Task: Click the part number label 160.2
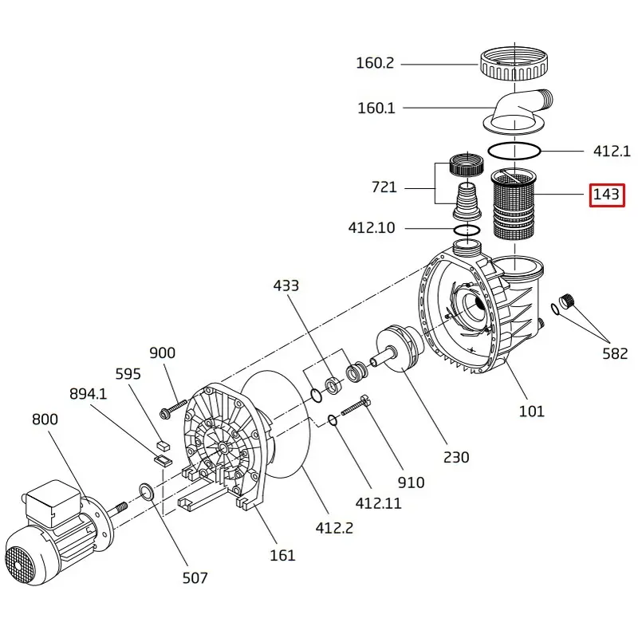pyautogui.click(x=375, y=63)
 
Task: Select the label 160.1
pyautogui.click(x=376, y=108)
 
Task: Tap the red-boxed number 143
pyautogui.click(x=606, y=195)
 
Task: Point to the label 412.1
pyautogui.click(x=612, y=151)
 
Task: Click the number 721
pyautogui.click(x=384, y=187)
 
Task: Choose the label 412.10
pyautogui.click(x=372, y=227)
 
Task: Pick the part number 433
pyautogui.click(x=286, y=286)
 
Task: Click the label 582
pyautogui.click(x=615, y=353)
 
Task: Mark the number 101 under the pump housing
pyautogui.click(x=531, y=411)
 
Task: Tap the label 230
pyautogui.click(x=456, y=457)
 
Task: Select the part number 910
pyautogui.click(x=412, y=482)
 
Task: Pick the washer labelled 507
pyautogui.click(x=147, y=490)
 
